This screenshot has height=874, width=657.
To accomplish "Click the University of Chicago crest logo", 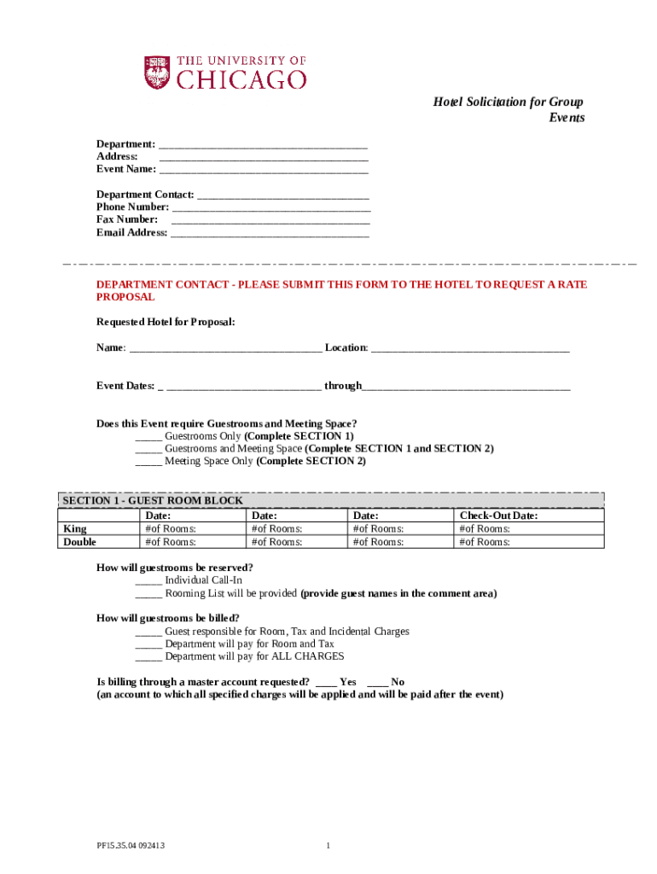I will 157,73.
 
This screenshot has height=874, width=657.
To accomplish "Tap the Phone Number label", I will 132,207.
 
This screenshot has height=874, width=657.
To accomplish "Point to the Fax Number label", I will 126,219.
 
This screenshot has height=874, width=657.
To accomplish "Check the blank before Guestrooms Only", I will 148,437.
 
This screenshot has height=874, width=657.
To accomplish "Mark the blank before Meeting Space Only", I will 148,463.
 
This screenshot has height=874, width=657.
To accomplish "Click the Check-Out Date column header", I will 498,516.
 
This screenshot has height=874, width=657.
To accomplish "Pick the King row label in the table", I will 75,529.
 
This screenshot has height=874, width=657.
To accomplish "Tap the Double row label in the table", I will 80,542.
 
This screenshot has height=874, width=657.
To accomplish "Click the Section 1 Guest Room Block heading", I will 152,501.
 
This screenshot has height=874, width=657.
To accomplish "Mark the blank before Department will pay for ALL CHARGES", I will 148,658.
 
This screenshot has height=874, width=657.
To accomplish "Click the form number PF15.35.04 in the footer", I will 130,846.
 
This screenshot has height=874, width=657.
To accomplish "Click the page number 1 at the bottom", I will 328,846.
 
